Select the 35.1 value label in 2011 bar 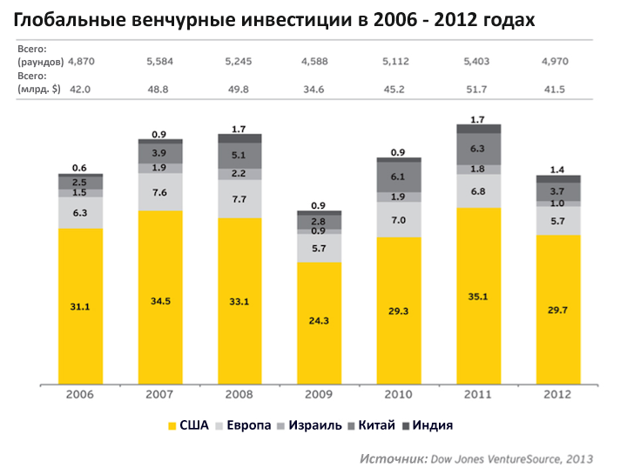click(x=478, y=295)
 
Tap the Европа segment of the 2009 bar click(x=319, y=249)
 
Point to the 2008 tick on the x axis click(x=239, y=395)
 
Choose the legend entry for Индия click(x=428, y=425)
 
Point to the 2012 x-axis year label click(x=557, y=395)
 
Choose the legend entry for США click(x=188, y=425)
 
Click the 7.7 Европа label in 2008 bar click(x=239, y=199)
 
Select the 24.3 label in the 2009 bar click(x=319, y=320)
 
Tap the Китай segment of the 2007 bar click(x=160, y=152)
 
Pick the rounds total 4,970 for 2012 click(x=557, y=62)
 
